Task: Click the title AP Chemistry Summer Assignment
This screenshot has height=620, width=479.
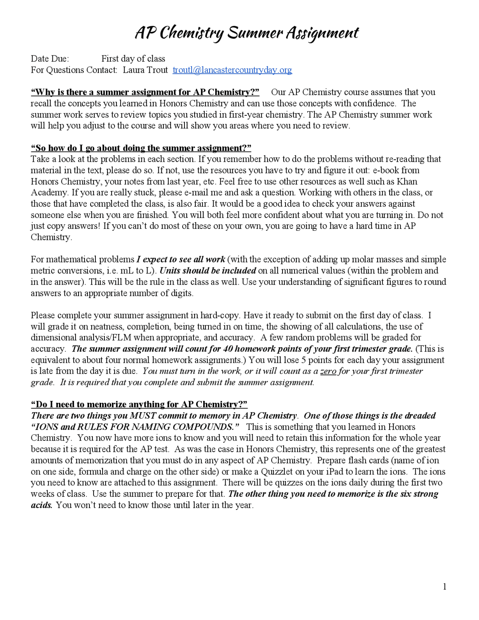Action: click(246, 33)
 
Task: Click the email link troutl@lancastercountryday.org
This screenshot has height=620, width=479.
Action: click(232, 70)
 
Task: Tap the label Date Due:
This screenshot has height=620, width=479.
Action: click(50, 59)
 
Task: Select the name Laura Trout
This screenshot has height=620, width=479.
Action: click(145, 70)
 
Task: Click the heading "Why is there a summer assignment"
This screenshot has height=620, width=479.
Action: click(145, 92)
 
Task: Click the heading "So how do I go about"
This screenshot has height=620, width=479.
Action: click(141, 148)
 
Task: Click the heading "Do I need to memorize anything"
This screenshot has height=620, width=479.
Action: click(139, 404)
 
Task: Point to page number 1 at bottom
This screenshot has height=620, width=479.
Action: click(444, 587)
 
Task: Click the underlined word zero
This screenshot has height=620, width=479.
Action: click(328, 371)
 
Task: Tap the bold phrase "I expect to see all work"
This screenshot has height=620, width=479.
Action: click(181, 259)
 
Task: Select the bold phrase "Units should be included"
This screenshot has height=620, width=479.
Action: click(208, 271)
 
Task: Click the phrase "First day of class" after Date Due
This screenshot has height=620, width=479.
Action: click(133, 59)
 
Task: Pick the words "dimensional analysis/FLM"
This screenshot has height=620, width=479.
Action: click(81, 337)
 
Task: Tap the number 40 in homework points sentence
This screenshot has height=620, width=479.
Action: click(228, 349)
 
